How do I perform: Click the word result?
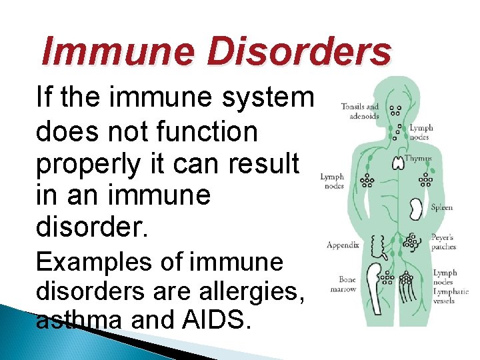pyautogui.click(x=264, y=164)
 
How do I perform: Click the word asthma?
pyautogui.click(x=79, y=321)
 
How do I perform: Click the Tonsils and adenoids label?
pyautogui.click(x=359, y=111)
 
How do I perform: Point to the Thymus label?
pyautogui.click(x=419, y=159)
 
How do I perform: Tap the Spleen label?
pyautogui.click(x=441, y=207)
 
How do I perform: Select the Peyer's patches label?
pyautogui.click(x=443, y=241)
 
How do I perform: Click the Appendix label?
pyautogui.click(x=343, y=245)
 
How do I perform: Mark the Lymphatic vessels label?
pyautogui.click(x=450, y=292)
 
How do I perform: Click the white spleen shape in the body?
pyautogui.click(x=417, y=209)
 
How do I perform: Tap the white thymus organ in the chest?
pyautogui.click(x=398, y=163)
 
